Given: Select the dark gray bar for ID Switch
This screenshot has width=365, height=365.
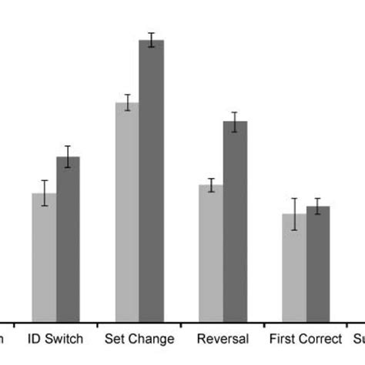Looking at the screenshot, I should pos(68,239).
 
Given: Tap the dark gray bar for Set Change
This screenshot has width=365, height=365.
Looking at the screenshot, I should pos(151,181).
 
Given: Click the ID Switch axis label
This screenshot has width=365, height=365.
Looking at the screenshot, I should pos(55,340).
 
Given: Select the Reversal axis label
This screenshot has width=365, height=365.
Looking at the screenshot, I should pos(223,340).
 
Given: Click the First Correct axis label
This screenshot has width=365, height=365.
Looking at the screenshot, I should pos(305,340).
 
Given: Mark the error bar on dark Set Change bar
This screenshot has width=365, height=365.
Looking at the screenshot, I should pos(151,40).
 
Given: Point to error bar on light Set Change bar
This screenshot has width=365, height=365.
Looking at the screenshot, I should pos(127,102).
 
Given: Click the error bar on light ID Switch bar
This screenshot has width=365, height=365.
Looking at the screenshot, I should pos(45,193).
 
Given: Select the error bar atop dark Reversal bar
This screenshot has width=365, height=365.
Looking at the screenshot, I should pos(235,122).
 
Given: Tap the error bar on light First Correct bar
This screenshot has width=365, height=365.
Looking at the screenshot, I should pos(293,213).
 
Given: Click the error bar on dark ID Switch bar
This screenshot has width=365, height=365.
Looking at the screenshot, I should pos(68,156).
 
